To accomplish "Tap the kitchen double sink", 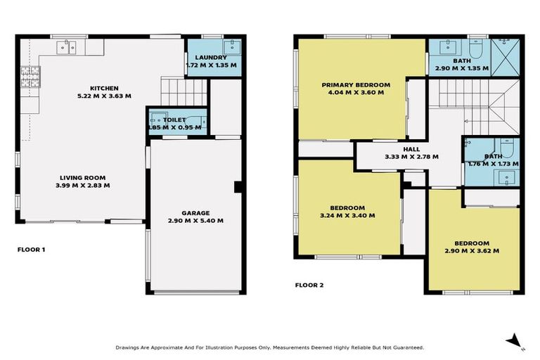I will [x=67, y=47].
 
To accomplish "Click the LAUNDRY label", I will [x=211, y=57].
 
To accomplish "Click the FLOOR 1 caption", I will [x=32, y=249].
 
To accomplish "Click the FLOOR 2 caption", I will [x=311, y=285].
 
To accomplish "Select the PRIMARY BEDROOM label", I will [x=356, y=84].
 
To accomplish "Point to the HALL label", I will [x=411, y=149].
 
